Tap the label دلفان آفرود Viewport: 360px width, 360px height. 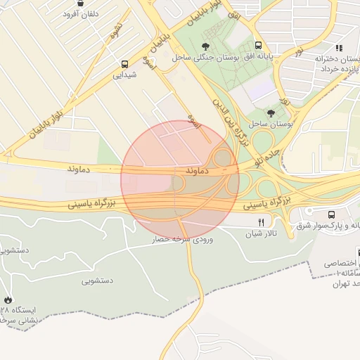(x=81, y=14)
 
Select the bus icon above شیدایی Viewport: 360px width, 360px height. (x=124, y=62)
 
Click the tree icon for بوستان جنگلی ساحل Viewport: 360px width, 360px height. (x=205, y=46)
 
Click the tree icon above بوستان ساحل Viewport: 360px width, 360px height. (x=271, y=112)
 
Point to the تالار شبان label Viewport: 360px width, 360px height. (x=265, y=233)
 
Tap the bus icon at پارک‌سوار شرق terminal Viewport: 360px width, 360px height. (x=331, y=214)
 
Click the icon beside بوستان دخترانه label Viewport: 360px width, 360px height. (x=339, y=48)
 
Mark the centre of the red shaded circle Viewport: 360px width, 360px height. (x=180, y=180)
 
